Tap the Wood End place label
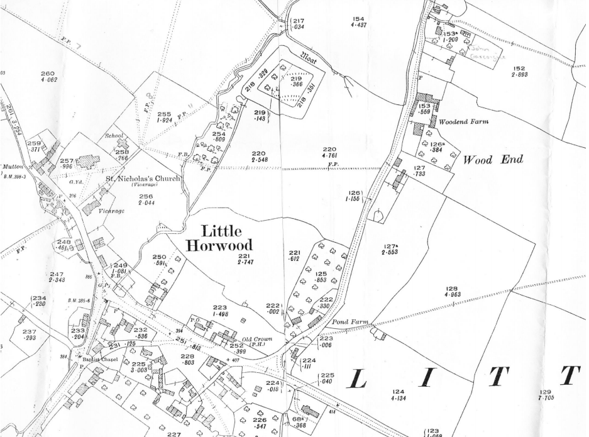pos(493,160)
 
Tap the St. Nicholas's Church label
pos(143,179)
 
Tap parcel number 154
pos(359,19)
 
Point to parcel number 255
pos(165,114)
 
